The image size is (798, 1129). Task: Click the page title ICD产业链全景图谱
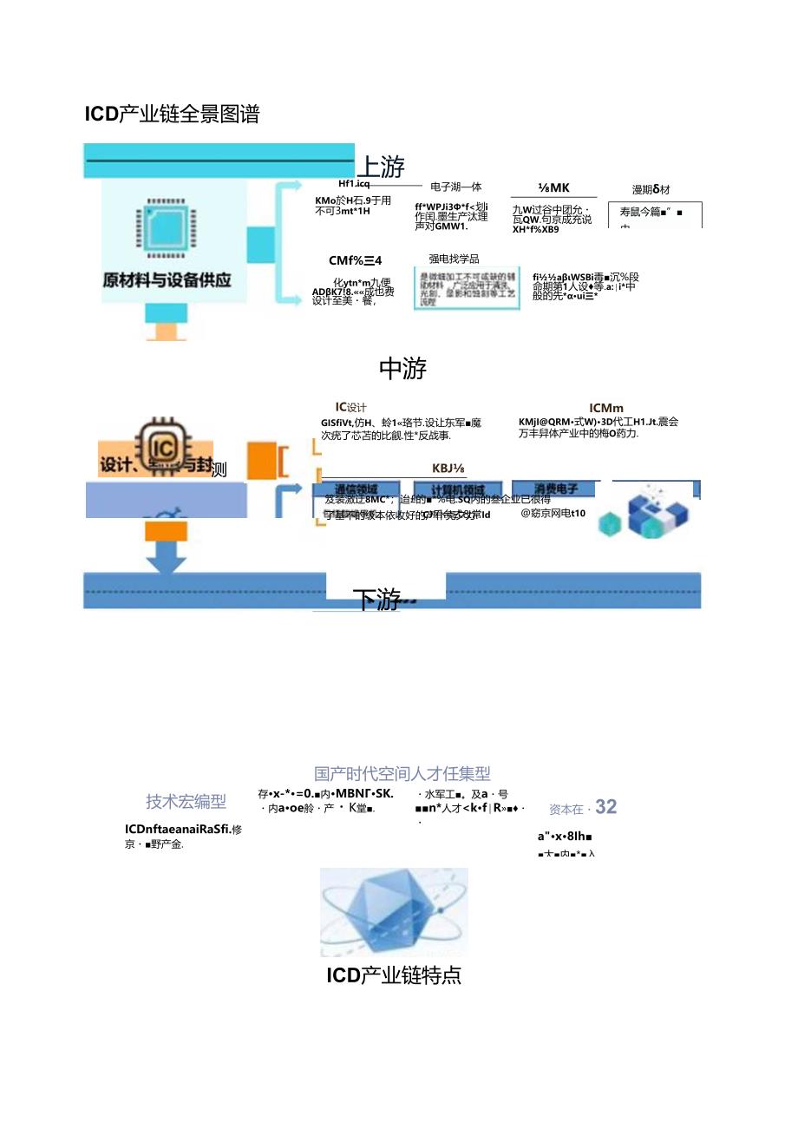point(172,114)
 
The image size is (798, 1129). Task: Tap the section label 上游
point(381,166)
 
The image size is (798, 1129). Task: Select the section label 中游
point(402,369)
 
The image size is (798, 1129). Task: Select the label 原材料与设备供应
point(167,280)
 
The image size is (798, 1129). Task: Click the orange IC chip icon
point(165,444)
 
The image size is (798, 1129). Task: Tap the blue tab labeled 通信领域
point(356,489)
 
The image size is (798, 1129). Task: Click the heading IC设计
point(351,406)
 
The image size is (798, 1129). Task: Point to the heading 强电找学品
point(454,259)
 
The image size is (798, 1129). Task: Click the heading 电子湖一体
point(455,187)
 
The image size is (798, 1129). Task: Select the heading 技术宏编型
point(186,802)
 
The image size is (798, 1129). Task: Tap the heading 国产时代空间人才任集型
point(402,772)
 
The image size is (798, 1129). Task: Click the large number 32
point(606,807)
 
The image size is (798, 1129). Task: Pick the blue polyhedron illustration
point(394,912)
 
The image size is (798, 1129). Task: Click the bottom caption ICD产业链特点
point(394,975)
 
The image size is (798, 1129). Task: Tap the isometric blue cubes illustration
point(651,510)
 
